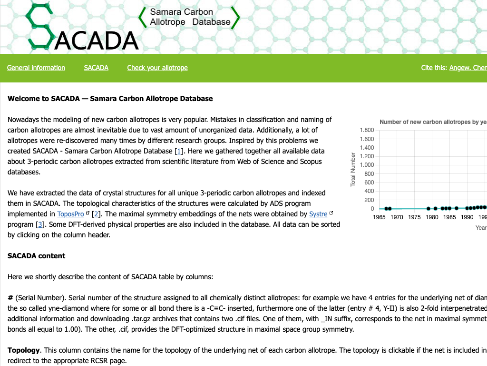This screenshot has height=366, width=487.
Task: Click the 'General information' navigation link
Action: point(36,68)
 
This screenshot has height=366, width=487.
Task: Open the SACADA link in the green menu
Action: point(96,68)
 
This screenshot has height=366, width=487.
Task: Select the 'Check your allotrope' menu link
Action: point(157,68)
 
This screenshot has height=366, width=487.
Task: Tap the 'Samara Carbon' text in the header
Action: point(182,12)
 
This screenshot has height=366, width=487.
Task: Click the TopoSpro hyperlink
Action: point(70,214)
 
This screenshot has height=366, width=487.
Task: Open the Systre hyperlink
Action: point(318,214)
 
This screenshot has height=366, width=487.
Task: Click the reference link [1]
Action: point(179,151)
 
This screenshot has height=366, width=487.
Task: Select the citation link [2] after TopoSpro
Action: point(96,214)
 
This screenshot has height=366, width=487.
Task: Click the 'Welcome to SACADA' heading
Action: point(110,99)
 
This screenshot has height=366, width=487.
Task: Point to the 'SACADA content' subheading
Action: point(36,256)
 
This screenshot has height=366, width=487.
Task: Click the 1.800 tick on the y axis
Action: point(367,130)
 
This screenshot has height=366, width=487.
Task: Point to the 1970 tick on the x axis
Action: point(397,217)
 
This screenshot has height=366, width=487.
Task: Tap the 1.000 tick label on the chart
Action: point(367,165)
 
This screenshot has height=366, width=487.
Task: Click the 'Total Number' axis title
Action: point(353,169)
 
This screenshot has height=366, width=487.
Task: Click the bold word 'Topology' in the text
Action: point(23,350)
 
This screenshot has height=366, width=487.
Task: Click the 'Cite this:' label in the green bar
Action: point(434,68)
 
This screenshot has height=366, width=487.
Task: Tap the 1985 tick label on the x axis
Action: point(449,217)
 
